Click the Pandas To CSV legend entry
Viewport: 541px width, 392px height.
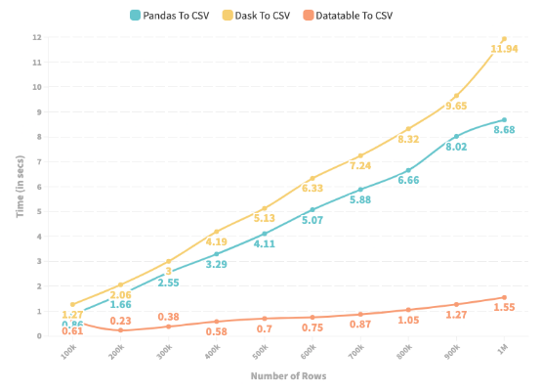click(175, 15)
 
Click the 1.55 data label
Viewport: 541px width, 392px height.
click(504, 307)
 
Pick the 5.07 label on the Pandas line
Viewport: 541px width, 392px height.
click(314, 220)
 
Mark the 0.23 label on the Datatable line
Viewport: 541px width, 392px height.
click(121, 321)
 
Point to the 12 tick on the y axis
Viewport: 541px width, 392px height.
click(38, 37)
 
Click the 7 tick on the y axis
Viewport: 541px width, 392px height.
click(38, 161)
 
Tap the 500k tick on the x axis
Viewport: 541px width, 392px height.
click(259, 352)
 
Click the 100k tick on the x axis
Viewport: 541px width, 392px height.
click(67, 352)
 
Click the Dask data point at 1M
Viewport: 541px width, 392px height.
click(504, 38)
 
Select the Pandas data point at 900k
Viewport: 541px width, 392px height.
click(456, 136)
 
